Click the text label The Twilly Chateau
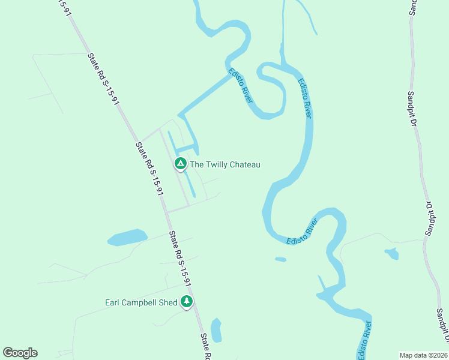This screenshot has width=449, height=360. [225, 164]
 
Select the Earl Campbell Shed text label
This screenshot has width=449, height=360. [141, 302]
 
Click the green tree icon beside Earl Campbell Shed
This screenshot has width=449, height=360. [187, 301]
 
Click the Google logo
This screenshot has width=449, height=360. [20, 353]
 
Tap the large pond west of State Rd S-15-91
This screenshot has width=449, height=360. [127, 238]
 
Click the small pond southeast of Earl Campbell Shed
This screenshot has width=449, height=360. [216, 330]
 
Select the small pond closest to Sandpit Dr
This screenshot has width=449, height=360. [392, 253]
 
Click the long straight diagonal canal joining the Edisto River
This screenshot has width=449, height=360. [204, 96]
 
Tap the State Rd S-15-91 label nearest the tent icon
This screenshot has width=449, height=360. [149, 169]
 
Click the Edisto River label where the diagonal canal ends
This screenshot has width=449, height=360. [240, 85]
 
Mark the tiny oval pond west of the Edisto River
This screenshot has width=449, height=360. [280, 259]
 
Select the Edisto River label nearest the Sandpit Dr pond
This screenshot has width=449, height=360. [303, 232]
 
